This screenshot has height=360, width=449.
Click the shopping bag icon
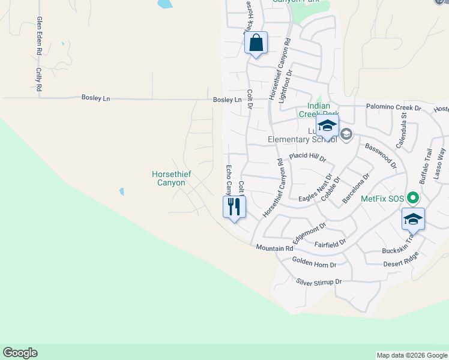coord(256,43)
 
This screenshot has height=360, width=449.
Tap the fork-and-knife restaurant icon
coord(234,207)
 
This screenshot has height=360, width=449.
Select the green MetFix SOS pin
coord(412,197)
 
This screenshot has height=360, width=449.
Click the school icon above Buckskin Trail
coord(413,219)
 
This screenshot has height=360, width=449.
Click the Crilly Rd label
coord(38,79)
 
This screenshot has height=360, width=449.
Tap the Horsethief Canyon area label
coord(168,179)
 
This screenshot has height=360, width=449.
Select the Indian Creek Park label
coord(319,110)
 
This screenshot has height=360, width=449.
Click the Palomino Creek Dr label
coord(394,107)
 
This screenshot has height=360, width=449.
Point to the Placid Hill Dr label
coord(307,157)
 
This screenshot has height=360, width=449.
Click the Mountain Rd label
coord(274,248)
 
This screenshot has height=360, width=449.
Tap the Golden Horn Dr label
coord(314,262)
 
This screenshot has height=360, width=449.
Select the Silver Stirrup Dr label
coord(319,281)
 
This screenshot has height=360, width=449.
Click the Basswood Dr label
coord(381,155)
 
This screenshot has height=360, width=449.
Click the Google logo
coord(20,353)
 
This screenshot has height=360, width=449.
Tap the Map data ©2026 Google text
coord(411,355)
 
